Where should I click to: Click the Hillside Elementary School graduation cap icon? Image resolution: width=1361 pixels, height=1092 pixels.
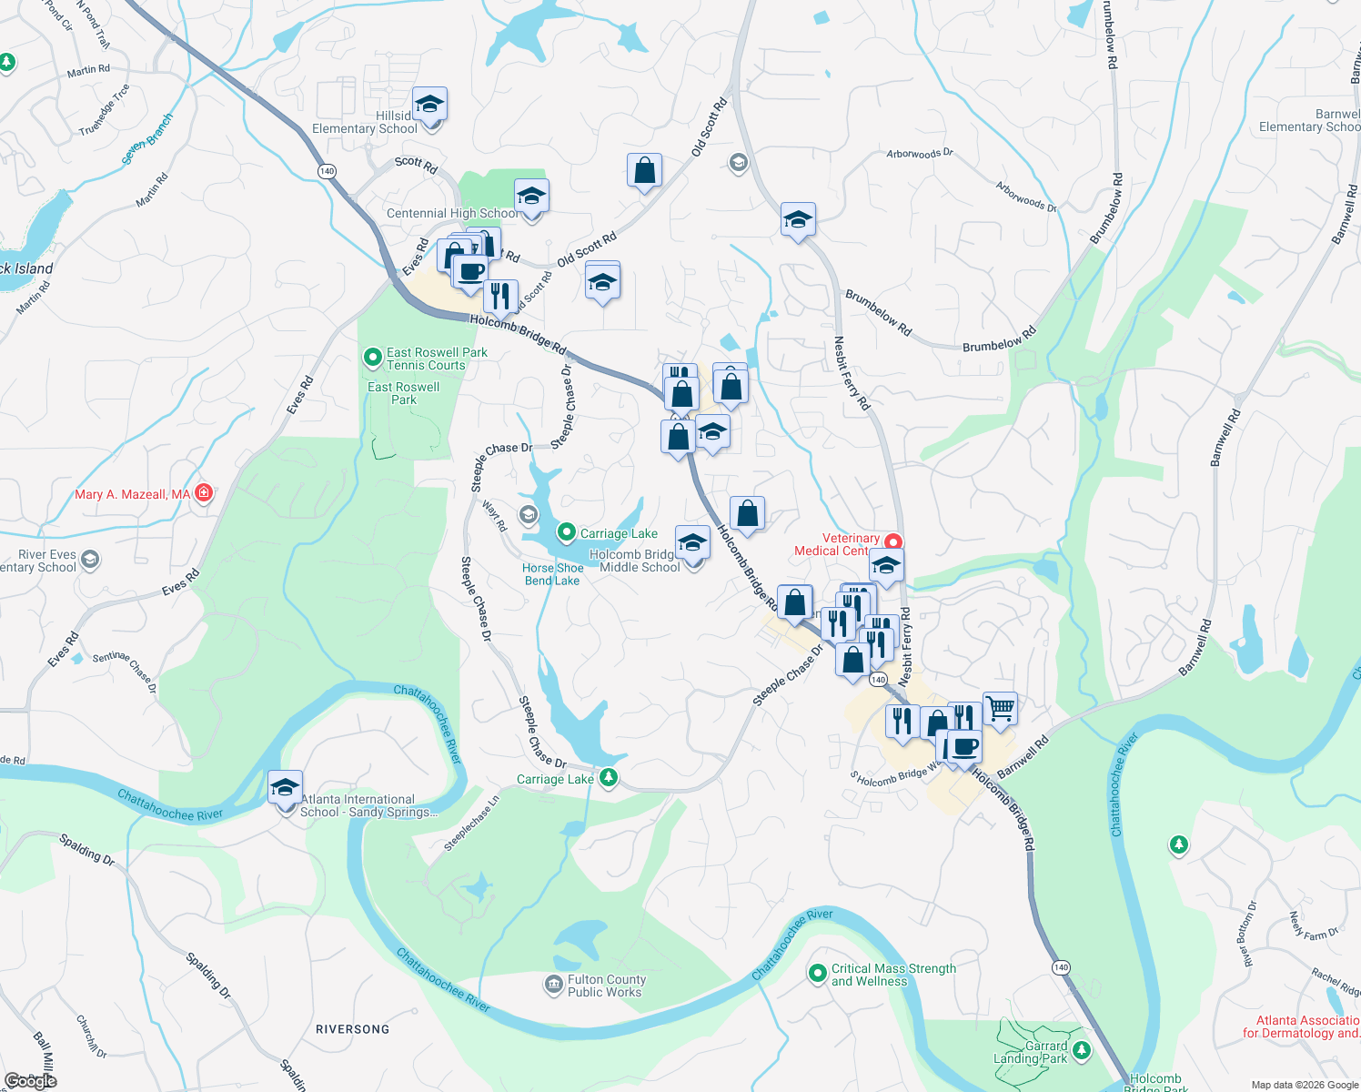(429, 106)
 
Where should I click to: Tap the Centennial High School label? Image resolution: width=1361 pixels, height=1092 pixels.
(450, 214)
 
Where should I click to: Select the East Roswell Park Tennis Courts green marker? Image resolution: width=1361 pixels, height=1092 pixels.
(372, 358)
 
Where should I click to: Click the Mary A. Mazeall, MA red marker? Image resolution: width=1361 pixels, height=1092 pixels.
(204, 493)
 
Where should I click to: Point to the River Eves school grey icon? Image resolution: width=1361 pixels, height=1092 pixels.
(90, 559)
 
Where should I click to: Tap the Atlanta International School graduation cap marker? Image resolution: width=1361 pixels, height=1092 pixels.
(285, 787)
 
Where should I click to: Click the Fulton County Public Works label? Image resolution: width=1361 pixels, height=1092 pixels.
(606, 986)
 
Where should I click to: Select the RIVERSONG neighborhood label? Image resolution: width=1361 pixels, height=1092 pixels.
(352, 1029)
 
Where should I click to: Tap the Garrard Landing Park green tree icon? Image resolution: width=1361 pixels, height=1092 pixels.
(1082, 1051)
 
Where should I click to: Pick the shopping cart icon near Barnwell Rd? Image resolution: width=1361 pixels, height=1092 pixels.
(1000, 708)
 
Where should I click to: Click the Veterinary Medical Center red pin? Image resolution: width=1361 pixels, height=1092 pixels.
(893, 542)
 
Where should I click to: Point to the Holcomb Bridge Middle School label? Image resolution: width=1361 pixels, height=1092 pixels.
(639, 561)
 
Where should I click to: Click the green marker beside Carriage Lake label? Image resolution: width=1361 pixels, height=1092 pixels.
(566, 531)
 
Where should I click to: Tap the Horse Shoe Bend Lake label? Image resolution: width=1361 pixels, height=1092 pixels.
(552, 574)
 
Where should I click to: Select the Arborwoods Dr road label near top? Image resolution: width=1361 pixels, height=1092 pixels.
(920, 154)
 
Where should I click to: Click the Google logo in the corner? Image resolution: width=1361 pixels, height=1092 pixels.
(31, 1081)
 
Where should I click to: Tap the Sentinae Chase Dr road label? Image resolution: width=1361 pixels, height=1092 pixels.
(125, 671)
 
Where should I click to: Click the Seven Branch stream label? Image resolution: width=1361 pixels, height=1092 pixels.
(147, 138)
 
